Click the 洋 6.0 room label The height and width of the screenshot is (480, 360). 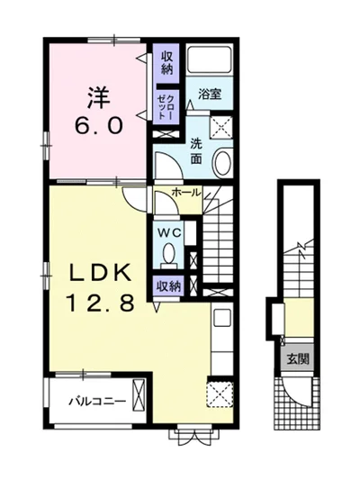99,111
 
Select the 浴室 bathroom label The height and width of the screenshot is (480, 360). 210,95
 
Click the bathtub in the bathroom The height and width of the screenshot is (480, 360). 209,59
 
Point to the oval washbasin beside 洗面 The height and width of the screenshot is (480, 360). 223,162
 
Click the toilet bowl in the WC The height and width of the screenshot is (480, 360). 168,254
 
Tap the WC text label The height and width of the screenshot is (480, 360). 170,233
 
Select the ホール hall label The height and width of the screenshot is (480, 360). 186,192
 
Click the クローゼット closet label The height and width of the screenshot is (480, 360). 166,107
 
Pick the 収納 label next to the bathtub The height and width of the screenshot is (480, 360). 167,63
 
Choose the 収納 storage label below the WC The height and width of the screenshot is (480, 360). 169,286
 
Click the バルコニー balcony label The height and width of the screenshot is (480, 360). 97,401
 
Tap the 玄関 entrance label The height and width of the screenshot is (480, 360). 298,358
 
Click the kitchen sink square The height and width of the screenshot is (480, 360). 222,318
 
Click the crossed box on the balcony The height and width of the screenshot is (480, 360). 139,395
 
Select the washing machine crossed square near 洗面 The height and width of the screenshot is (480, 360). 221,127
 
